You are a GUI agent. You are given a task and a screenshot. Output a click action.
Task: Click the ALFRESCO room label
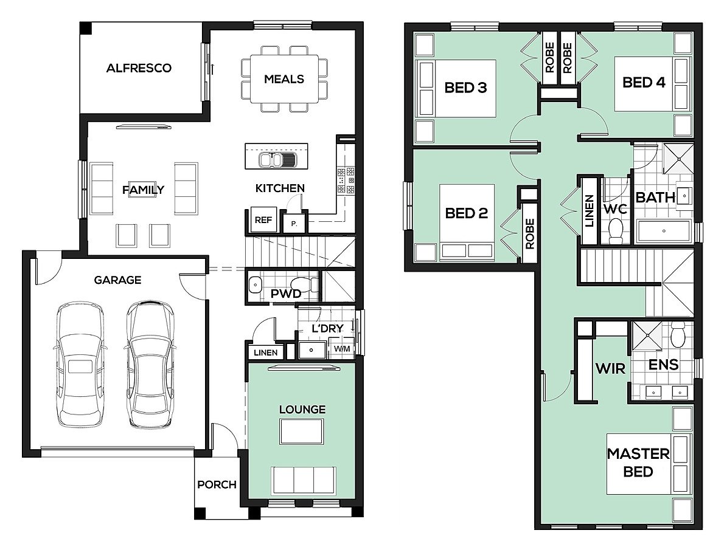coord(139,68)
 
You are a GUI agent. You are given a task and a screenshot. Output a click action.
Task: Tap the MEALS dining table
coord(284,79)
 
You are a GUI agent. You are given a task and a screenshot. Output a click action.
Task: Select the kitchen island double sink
coord(277,160)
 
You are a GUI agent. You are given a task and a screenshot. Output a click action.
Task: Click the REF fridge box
coord(263,220)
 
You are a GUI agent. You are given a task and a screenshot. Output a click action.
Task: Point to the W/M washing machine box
coord(342,348)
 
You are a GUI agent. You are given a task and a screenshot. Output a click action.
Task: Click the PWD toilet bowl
coord(303,283)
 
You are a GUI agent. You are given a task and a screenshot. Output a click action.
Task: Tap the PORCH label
coord(217,484)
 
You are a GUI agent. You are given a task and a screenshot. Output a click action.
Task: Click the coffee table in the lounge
coord(302,432)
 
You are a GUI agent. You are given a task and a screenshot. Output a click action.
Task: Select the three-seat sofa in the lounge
coord(303,481)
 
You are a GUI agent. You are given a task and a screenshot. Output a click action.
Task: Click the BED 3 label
coord(465,88)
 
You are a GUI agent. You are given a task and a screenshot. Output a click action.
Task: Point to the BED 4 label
coord(644,83)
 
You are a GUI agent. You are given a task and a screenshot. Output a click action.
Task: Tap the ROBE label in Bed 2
coord(529,234)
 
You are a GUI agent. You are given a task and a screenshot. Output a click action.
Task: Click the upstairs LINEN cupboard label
coord(590,212)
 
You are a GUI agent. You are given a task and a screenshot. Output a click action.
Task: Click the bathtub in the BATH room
coord(664,231)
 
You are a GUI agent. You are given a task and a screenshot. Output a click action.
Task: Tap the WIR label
coord(610,369)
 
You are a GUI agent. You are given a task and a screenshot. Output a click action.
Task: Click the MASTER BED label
coord(638,463)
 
